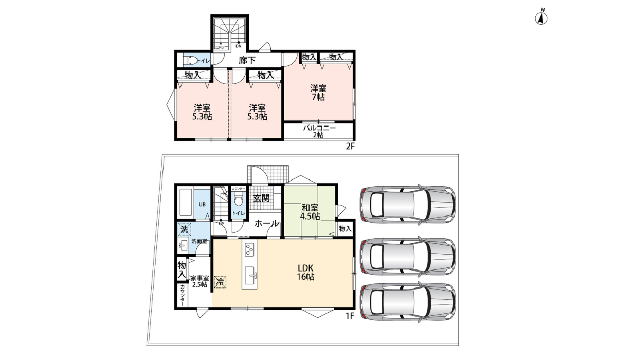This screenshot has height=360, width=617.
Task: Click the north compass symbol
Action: click(x=542, y=18)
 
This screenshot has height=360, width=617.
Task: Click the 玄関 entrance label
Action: click(x=261, y=198)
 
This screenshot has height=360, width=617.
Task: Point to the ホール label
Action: click(x=267, y=224)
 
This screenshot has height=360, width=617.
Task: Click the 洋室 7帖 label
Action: click(x=318, y=92)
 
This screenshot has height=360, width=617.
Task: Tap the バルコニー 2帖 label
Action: click(x=319, y=131)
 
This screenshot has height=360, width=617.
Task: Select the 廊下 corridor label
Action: click(x=247, y=60)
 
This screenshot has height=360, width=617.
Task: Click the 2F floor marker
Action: click(x=350, y=147)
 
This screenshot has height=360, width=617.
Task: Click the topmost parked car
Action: click(x=408, y=205)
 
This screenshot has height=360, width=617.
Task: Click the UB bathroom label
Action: click(x=202, y=205)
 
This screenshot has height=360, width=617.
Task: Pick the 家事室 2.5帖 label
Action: click(x=199, y=281)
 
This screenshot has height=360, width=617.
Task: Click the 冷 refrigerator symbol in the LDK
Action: click(x=220, y=282)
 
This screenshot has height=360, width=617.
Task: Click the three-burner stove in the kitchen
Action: click(x=250, y=250)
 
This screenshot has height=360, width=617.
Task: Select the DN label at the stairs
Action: click(x=239, y=46)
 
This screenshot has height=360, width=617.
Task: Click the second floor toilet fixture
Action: click(x=191, y=60)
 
